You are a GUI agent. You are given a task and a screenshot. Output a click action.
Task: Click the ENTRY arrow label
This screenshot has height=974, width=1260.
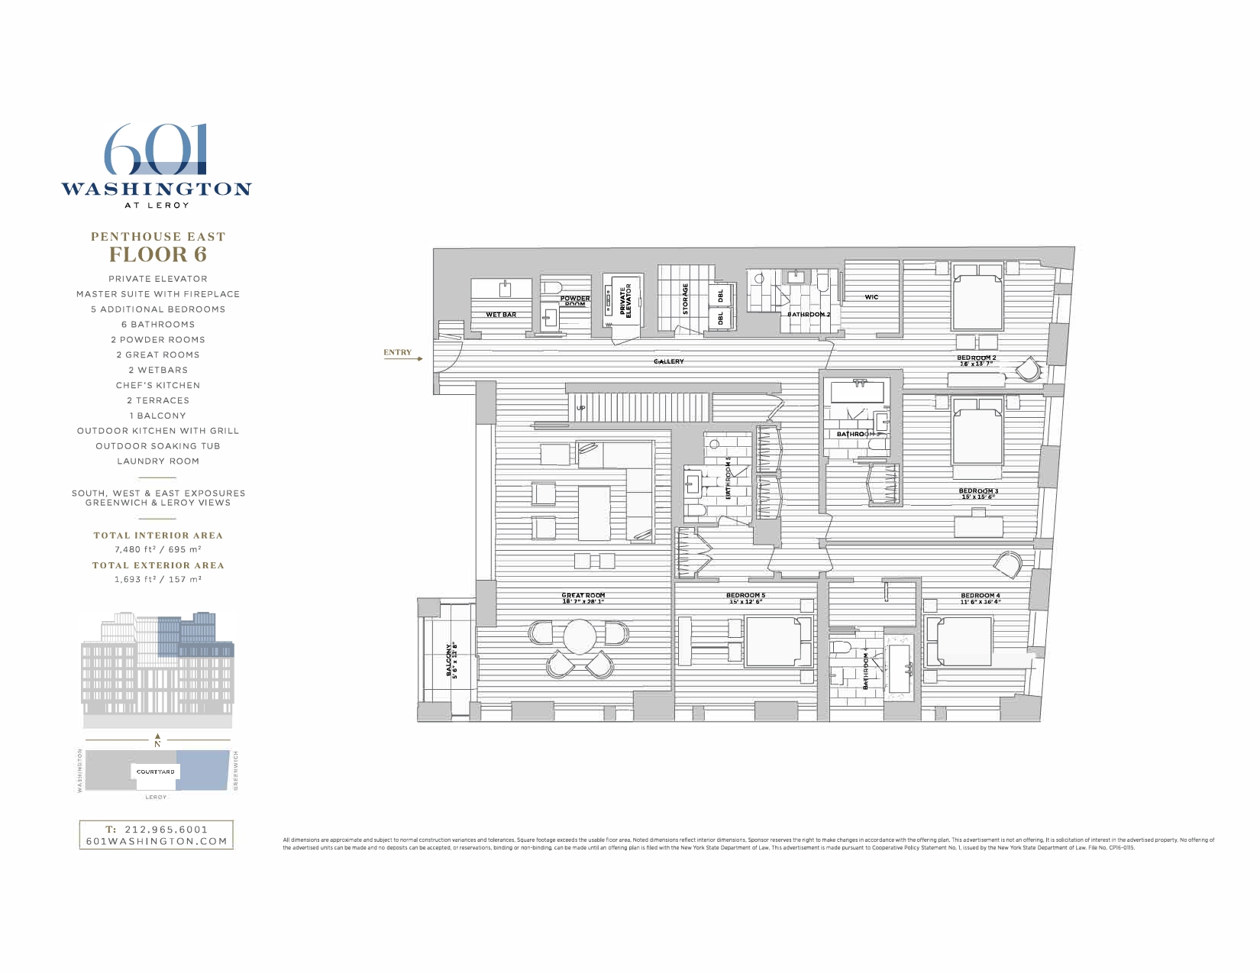pos(397,352)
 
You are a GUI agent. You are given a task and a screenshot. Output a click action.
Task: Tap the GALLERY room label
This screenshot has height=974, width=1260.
pos(668,361)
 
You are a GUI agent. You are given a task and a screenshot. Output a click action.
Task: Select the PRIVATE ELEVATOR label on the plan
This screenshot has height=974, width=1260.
pos(625,300)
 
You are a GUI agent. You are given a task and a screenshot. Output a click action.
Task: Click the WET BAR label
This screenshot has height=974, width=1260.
pos(501,315)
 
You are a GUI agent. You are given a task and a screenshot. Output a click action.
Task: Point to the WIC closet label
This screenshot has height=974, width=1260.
pos(871,297)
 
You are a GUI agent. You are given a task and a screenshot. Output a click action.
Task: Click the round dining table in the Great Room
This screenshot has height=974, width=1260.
pos(580,636)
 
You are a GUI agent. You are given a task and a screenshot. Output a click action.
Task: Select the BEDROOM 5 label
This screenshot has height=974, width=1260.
pos(745,596)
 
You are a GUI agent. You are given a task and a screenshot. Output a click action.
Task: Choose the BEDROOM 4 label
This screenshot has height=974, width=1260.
pos(980,596)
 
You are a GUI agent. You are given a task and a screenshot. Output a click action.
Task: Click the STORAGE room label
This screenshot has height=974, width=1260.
pos(685,299)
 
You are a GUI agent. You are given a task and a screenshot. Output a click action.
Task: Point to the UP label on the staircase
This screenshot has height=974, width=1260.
pos(580,408)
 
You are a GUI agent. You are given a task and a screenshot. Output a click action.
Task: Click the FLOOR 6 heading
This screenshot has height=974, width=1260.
pos(158,254)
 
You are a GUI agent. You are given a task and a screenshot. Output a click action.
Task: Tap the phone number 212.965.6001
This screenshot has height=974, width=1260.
pos(166,829)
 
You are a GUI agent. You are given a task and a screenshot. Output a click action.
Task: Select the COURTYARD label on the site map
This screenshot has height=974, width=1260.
pos(156,772)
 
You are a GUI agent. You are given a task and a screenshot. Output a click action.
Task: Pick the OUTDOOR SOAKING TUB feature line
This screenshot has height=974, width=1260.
pos(158,446)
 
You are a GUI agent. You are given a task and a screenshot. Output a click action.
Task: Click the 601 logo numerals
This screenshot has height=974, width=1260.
pos(156,150)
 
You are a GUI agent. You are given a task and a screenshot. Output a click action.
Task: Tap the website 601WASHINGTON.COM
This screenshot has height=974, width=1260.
pos(157,841)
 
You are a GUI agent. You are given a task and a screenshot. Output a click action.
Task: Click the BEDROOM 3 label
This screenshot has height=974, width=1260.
pos(978,491)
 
